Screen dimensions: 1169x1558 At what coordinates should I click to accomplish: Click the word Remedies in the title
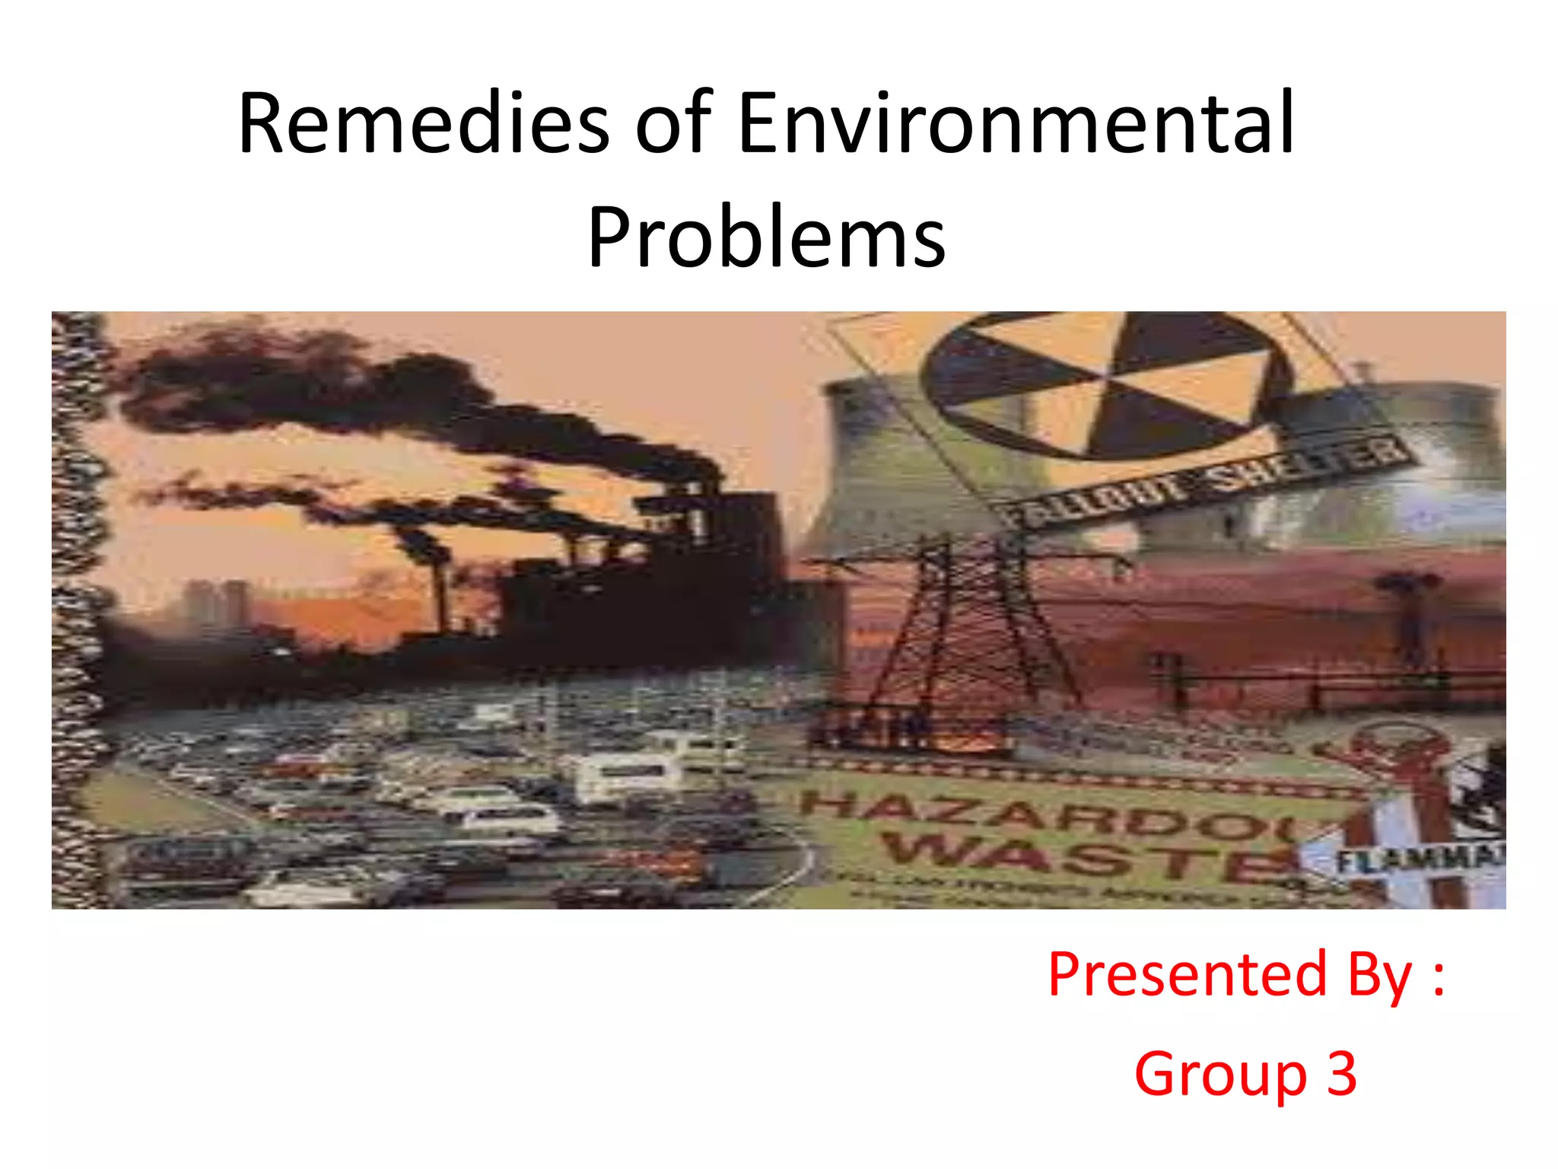tap(423, 123)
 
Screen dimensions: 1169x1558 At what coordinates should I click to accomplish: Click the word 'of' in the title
tap(672, 123)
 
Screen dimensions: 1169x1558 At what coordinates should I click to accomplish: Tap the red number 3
tap(1342, 1073)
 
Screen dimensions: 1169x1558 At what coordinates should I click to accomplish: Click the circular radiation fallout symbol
tap(1103, 384)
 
